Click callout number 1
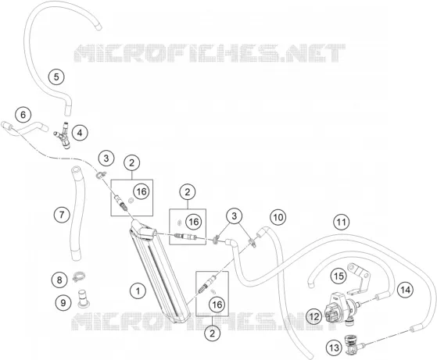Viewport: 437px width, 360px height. coord(138,291)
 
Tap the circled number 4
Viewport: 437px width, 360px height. coord(80,133)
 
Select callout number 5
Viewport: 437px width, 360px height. coord(56,77)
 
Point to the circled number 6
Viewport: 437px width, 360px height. coord(23,115)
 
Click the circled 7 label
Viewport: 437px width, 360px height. coord(62,215)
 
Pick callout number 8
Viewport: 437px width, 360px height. coord(59,280)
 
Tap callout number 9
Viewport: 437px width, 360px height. coord(63,302)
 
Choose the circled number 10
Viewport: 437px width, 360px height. coord(278,217)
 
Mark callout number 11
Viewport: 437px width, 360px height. coord(342,222)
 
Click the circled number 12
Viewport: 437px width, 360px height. coord(313,316)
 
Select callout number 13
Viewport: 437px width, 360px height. coord(334,348)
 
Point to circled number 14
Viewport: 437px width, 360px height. coord(405,290)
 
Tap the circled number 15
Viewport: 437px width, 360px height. coord(338,276)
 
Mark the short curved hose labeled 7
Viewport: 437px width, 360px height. coord(76,213)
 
